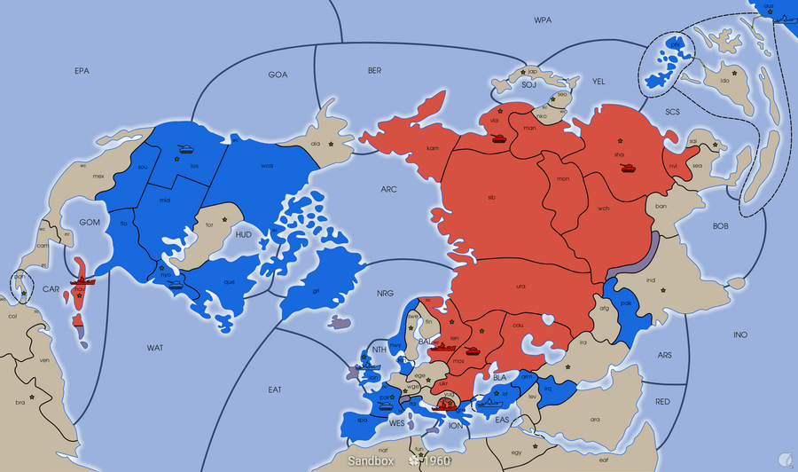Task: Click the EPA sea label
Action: pos(82,70)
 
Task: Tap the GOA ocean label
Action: pos(278,75)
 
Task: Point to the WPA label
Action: pos(542,20)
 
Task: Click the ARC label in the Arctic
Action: pos(388,190)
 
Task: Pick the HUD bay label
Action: pos(244,234)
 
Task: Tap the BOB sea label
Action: pos(720,226)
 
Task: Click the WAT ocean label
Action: pos(155,348)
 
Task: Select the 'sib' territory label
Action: pos(491,197)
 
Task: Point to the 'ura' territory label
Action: pos(520,286)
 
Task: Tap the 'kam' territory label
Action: pos(432,148)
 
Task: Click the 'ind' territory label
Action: pos(651,281)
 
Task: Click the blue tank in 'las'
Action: pos(187,149)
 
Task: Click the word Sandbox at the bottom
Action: pos(371,461)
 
